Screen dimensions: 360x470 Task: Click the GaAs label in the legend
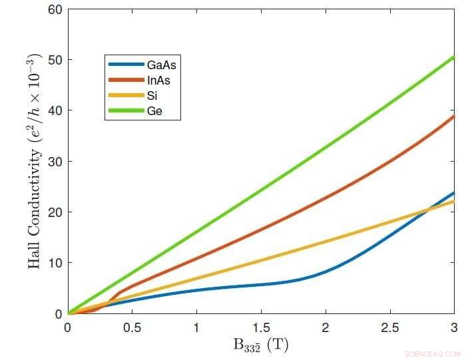(164, 65)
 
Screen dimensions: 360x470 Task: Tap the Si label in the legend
(153, 96)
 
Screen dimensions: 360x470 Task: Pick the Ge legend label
(155, 111)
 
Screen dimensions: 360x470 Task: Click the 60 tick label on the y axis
(55, 9)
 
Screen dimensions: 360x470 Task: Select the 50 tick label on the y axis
(55, 60)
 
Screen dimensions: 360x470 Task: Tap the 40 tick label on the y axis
(55, 110)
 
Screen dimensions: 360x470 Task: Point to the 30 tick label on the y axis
(55, 162)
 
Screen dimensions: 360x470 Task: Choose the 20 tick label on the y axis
(55, 212)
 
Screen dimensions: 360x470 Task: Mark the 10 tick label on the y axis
(55, 263)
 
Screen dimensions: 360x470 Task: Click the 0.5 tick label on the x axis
(132, 327)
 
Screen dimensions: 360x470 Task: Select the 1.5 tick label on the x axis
(261, 327)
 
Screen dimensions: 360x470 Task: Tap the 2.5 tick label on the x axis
(390, 327)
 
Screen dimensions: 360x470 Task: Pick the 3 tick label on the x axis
(454, 327)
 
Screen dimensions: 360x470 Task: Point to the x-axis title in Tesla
(260, 346)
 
